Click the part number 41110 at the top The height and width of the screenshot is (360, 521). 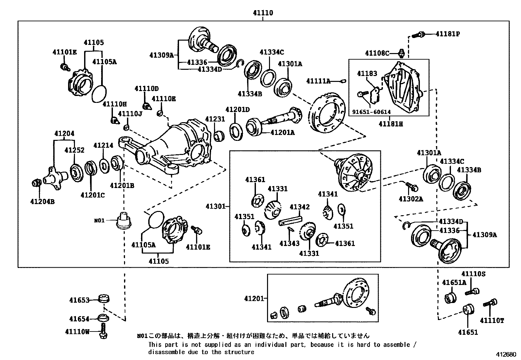click(263, 13)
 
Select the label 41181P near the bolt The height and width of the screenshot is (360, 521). click(447, 34)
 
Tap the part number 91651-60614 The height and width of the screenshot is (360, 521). click(371, 112)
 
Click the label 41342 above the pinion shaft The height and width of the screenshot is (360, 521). click(299, 207)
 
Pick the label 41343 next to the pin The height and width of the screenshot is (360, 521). click(289, 243)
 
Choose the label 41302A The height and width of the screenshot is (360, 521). click(411, 199)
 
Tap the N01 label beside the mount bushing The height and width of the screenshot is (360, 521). click(99, 221)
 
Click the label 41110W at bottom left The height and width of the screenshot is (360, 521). click(77, 332)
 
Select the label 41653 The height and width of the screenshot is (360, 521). click(79, 300)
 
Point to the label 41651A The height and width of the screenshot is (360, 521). click(454, 282)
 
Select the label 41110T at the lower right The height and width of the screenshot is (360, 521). click(492, 320)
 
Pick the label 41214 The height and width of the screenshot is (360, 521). click(103, 145)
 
